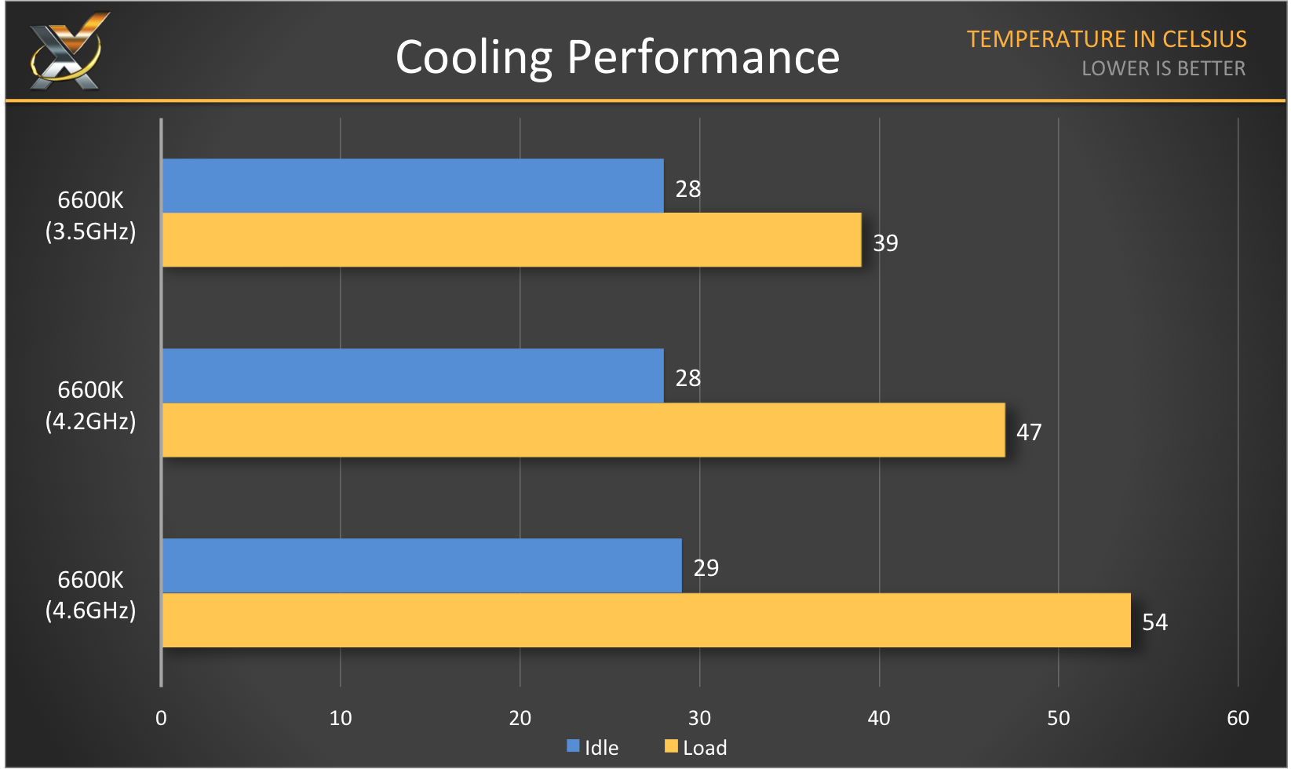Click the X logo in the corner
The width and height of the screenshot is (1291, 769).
click(67, 52)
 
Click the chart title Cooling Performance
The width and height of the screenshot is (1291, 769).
click(618, 57)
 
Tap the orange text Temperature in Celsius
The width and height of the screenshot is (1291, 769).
click(1106, 39)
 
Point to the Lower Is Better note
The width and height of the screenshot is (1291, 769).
click(1163, 69)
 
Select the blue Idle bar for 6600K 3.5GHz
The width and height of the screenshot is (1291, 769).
click(413, 186)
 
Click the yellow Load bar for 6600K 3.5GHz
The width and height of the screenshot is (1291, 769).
click(512, 240)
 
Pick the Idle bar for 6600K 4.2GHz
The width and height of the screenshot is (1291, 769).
click(413, 376)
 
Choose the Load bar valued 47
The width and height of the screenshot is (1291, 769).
click(583, 430)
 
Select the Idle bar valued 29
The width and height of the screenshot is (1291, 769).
click(421, 566)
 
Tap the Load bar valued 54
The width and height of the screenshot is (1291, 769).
click(646, 621)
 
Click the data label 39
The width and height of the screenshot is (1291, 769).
click(885, 243)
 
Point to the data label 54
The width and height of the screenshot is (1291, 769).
click(1154, 622)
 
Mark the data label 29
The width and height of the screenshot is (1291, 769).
click(706, 568)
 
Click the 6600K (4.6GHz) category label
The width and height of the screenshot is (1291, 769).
click(90, 595)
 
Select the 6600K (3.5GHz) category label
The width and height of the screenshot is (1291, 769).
click(90, 216)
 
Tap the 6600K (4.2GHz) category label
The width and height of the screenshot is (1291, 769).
click(90, 406)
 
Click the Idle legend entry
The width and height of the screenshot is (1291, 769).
click(593, 748)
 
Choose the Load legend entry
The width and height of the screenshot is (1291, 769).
click(696, 748)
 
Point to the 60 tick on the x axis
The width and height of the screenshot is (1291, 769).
click(1238, 718)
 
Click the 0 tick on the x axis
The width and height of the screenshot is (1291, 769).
click(161, 718)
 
